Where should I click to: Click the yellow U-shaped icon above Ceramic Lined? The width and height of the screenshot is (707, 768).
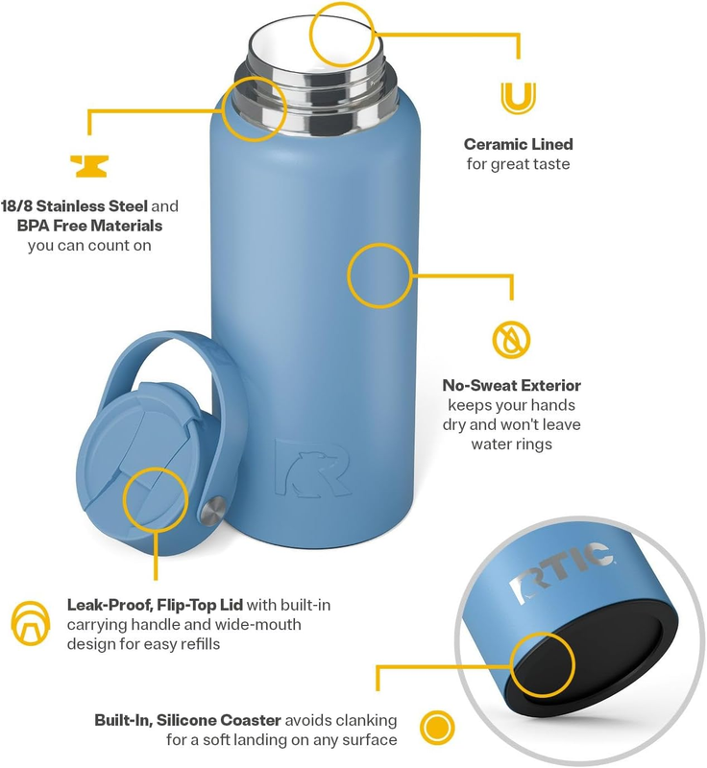click(519, 99)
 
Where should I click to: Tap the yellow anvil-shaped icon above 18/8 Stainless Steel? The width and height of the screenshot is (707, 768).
click(89, 165)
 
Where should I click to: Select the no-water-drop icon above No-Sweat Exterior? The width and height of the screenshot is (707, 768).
click(511, 340)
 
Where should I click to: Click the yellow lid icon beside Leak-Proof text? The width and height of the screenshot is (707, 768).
click(31, 622)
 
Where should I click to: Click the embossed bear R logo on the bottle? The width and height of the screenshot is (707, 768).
click(312, 468)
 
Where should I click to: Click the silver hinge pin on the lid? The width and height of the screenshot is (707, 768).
click(212, 512)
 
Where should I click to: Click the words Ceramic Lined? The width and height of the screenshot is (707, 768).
click(519, 144)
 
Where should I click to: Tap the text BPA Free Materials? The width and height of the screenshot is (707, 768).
click(89, 226)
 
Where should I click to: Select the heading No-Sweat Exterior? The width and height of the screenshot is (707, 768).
click(511, 386)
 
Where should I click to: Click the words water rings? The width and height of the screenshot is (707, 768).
click(511, 444)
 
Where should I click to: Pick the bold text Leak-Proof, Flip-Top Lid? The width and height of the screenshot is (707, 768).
click(155, 605)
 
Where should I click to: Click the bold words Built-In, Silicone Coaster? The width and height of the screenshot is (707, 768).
click(187, 720)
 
